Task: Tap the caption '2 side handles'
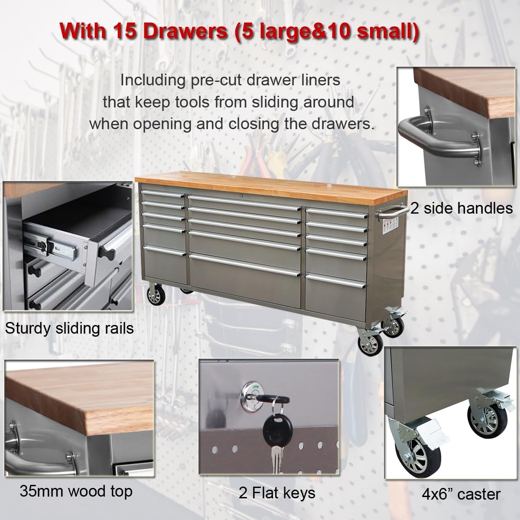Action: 461,208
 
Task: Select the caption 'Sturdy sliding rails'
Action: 69,328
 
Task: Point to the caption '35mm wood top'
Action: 76,491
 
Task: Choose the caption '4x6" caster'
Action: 461,494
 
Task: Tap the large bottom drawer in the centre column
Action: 245,277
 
